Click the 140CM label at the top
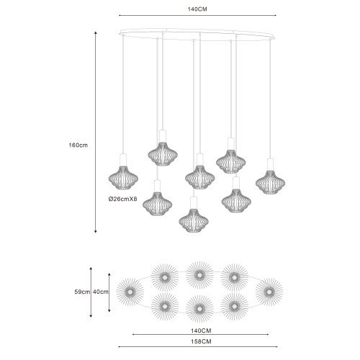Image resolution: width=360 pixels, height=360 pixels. pos(197,9)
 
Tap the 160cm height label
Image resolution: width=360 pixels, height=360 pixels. pos(78,145)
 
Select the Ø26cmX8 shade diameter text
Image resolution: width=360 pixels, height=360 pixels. pos(122,199)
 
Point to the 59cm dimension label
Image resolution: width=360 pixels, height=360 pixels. pos(82,292)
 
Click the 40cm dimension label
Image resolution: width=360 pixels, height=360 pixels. pos(101,292)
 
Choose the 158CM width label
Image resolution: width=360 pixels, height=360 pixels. pos(201,341)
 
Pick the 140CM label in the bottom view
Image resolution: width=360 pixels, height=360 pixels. pos(201,330)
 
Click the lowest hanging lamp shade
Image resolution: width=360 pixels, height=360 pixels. pos(194,220)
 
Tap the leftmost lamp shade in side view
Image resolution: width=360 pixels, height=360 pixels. pos(123,178)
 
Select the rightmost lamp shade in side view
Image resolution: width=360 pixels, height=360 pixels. pos(270,182)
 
